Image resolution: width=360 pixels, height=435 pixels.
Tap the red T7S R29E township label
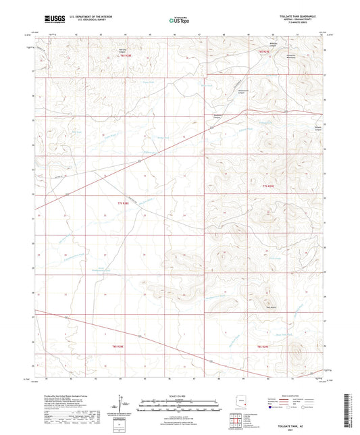point(269,185)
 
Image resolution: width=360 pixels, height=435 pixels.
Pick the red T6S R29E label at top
point(259,51)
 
